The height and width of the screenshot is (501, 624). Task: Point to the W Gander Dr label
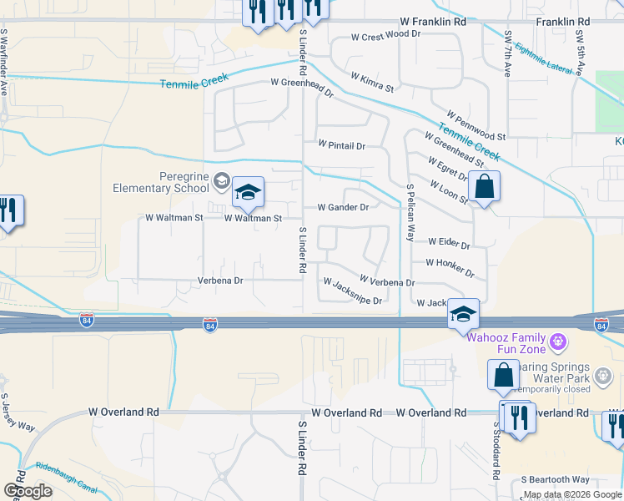coord(343,207)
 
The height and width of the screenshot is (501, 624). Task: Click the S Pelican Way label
coord(410,212)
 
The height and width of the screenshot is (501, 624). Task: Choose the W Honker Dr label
coord(450,267)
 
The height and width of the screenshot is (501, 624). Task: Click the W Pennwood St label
coord(476,124)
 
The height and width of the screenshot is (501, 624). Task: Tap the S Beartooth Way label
coord(555,479)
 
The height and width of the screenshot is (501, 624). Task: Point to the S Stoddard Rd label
coord(495,451)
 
